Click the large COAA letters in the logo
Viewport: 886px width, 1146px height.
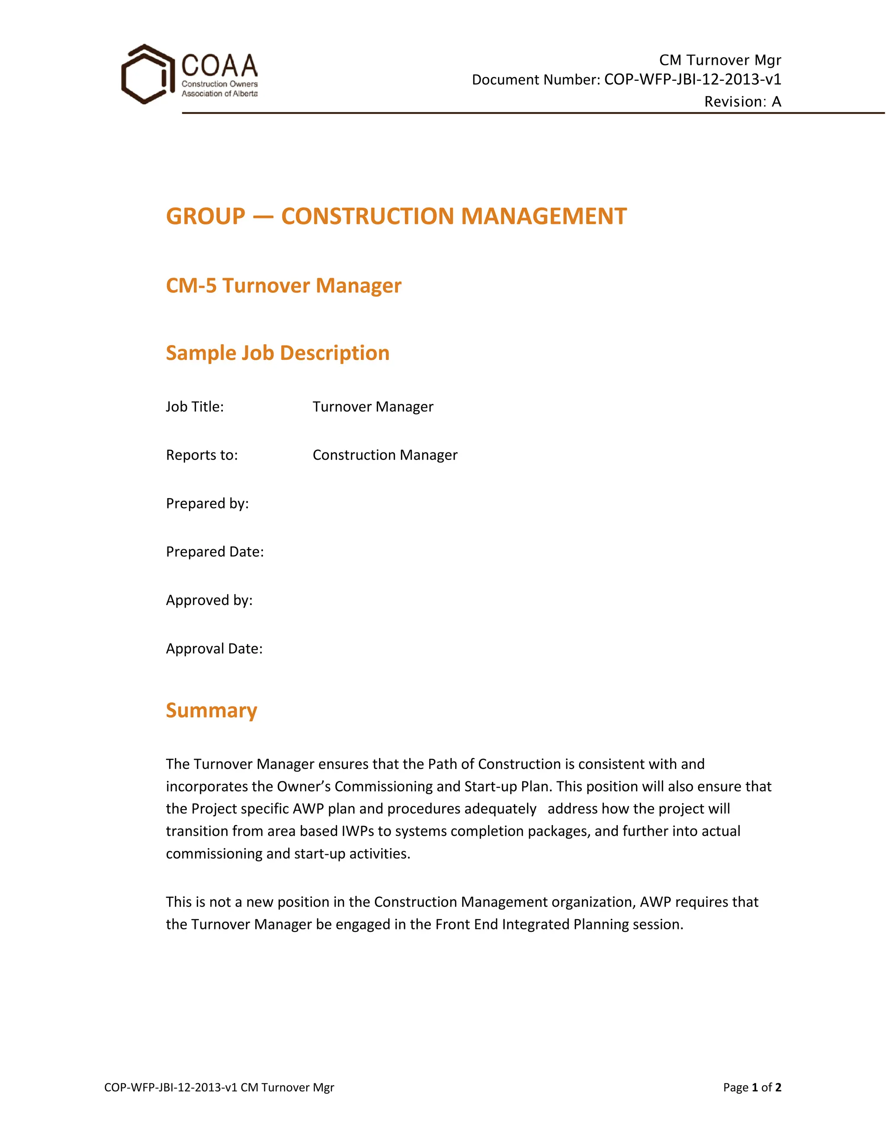click(219, 66)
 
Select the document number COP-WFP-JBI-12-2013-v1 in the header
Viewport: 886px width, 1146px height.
click(692, 79)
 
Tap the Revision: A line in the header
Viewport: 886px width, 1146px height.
click(742, 101)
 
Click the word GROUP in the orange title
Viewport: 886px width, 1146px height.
click(205, 216)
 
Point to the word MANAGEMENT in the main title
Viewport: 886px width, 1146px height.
click(544, 216)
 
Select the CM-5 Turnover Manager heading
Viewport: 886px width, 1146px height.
click(283, 285)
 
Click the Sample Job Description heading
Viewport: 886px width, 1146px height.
click(278, 352)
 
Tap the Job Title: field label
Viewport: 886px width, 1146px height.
click(195, 407)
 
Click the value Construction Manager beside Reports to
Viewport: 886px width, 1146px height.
click(385, 455)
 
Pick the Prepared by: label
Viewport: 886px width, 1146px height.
click(207, 503)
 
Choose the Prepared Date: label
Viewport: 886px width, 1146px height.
click(215, 551)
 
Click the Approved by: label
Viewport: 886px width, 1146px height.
click(209, 600)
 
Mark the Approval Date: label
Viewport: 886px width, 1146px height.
click(214, 649)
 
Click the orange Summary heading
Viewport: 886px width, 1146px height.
click(212, 710)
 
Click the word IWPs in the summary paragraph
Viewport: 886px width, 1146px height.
click(358, 831)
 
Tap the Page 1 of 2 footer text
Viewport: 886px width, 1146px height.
click(751, 1087)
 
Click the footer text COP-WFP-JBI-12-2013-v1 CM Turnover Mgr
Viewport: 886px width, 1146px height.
click(219, 1087)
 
